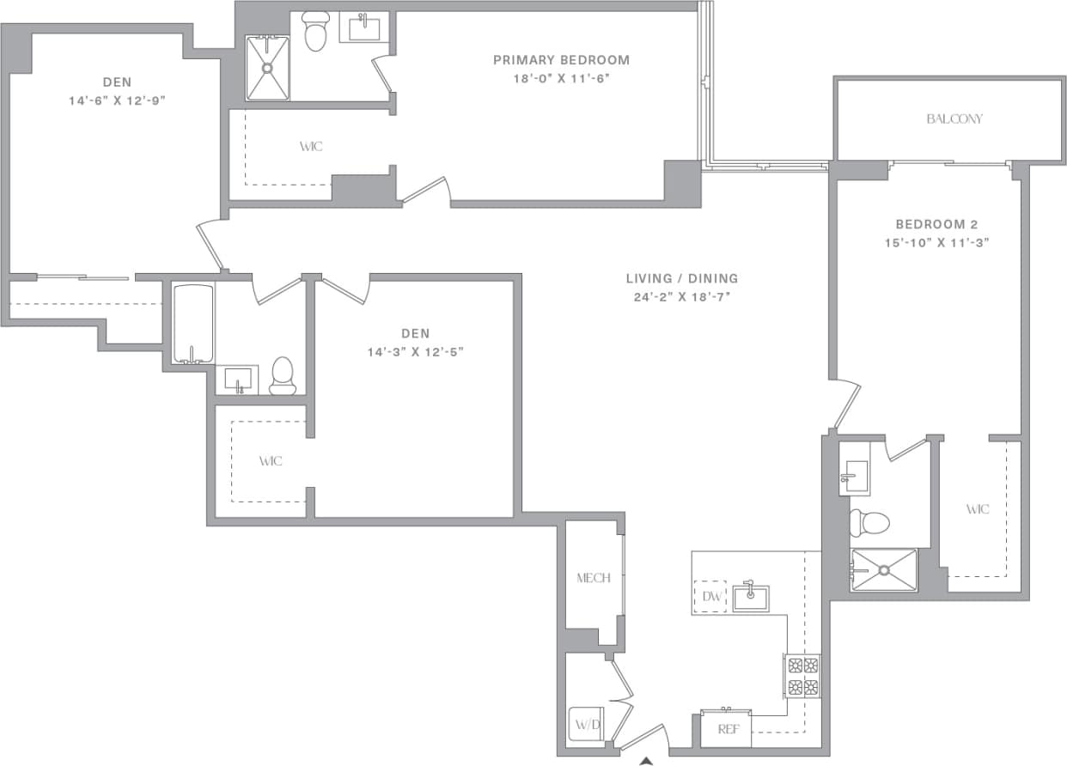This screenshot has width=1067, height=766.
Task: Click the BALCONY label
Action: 954,119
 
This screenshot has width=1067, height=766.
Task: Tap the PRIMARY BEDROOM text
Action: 561,60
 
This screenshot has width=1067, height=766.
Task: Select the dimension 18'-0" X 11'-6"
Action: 561,78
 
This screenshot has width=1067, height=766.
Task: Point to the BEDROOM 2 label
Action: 930,223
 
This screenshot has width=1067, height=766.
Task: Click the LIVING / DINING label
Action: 681,278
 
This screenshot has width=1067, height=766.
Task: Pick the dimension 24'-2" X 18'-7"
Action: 681,296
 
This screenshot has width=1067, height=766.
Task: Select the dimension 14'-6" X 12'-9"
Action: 118,100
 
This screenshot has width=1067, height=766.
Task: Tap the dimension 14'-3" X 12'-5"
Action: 415,351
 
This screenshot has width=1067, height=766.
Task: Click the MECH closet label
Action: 593,578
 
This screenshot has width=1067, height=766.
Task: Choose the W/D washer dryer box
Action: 588,724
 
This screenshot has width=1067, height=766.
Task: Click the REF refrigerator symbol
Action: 727,729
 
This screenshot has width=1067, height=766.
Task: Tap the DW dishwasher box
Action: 710,596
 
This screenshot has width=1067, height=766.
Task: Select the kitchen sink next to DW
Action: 751,597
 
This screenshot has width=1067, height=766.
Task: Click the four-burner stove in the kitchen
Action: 802,675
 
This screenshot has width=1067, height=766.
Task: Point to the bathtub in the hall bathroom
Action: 193,325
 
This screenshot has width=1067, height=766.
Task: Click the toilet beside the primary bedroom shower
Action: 316,33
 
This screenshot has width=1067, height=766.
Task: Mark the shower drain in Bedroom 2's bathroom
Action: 883,569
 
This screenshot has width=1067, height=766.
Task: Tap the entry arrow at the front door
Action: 646,759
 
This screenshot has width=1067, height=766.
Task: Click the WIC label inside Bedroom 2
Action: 977,509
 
